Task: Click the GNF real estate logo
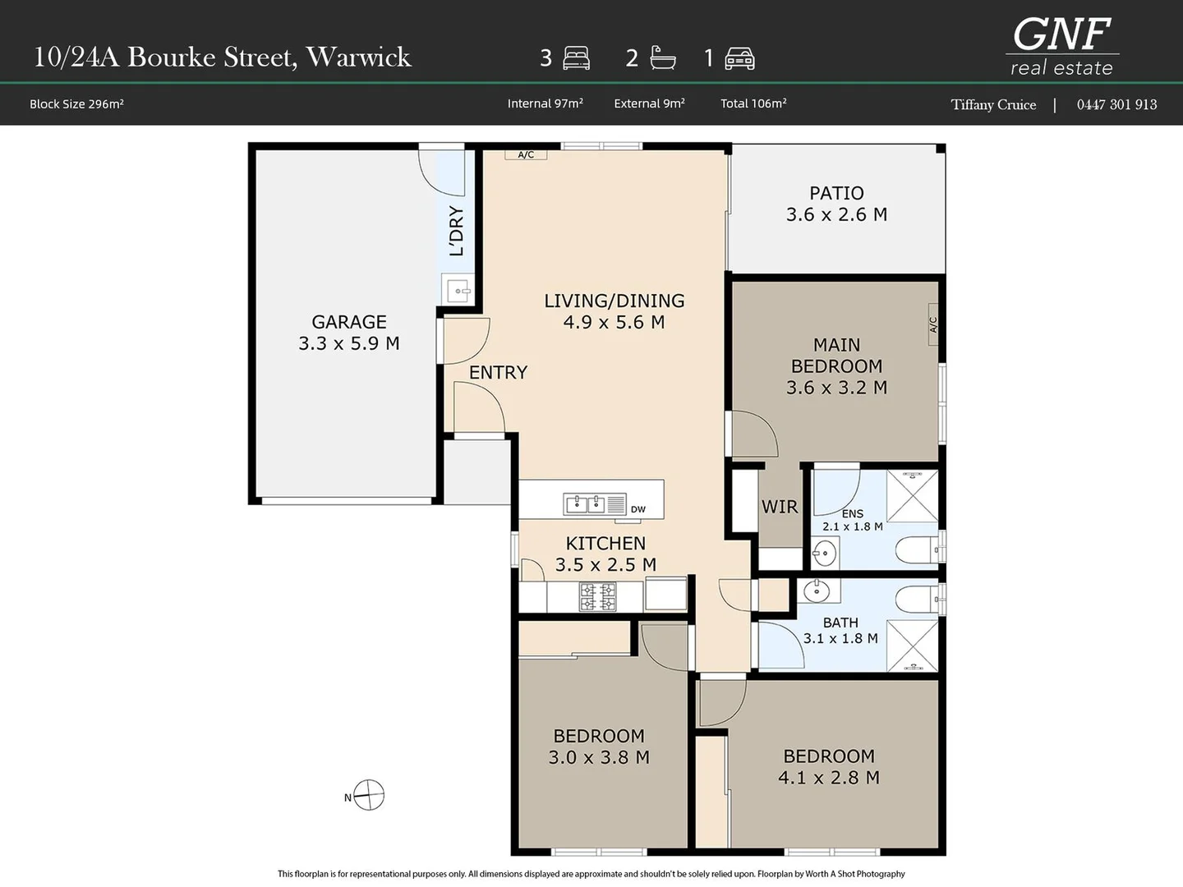click(1061, 47)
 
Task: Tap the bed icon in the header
click(576, 58)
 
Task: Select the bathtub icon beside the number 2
click(662, 57)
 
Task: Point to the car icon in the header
click(739, 58)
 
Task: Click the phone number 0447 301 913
click(1116, 104)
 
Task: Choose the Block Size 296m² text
click(76, 104)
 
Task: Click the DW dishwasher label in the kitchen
click(638, 509)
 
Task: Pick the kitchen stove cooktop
click(598, 596)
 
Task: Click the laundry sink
click(458, 290)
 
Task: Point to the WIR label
click(780, 507)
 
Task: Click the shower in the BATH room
click(913, 646)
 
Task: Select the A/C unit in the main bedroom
click(933, 324)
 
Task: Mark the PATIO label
click(836, 193)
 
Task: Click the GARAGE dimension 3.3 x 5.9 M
click(349, 343)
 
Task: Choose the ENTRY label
click(498, 372)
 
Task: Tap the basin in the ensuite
click(825, 553)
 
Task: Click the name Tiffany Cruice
click(993, 104)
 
